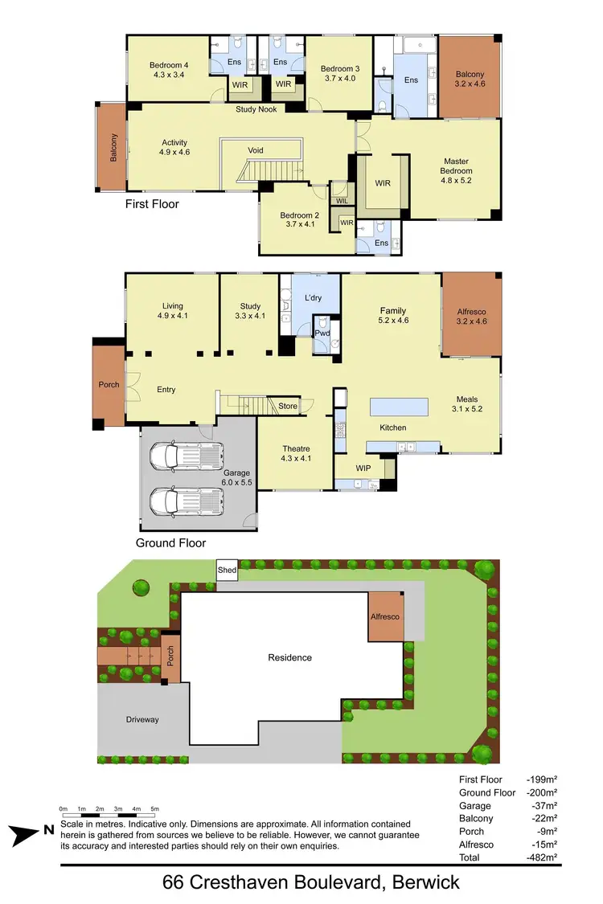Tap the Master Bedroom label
coord(456,166)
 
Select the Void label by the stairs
coord(256,150)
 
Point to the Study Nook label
coord(256,109)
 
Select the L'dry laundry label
coord(312,298)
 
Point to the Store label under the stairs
coord(288,407)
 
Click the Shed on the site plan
coord(228,571)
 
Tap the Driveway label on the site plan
coord(142,719)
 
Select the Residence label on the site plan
coord(289,657)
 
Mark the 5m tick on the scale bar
coord(154,808)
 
